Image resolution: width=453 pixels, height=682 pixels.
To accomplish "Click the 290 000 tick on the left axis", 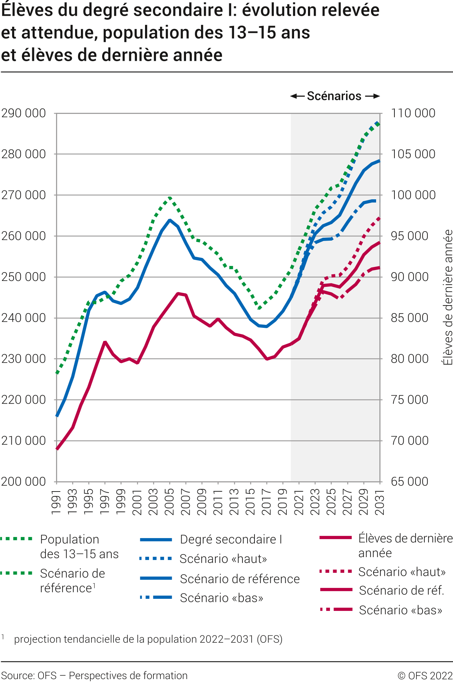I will tap(24, 113).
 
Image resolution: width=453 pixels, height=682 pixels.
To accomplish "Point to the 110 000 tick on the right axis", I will tap(413, 113).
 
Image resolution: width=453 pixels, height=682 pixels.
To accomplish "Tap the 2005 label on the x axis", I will tap(169, 501).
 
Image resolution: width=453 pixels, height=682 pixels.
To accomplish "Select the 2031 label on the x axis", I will tap(380, 501).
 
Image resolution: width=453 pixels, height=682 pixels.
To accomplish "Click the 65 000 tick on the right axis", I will tap(409, 481).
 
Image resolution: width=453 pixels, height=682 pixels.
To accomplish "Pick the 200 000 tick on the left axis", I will tap(24, 481).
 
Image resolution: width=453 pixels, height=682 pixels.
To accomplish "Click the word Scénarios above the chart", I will tap(334, 96).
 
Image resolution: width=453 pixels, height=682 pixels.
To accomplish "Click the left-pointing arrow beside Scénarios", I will tap(297, 96).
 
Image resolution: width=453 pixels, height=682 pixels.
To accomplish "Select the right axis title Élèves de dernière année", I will tap(448, 297).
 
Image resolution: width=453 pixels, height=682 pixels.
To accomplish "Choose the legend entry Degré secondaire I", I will tap(231, 540).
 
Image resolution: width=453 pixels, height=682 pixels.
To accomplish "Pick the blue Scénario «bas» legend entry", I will tap(221, 598).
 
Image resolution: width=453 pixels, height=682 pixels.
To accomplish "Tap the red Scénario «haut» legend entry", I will tap(402, 572).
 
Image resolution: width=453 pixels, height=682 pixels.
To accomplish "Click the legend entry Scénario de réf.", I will tap(401, 590).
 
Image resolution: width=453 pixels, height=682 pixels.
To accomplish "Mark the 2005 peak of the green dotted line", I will tap(170, 198).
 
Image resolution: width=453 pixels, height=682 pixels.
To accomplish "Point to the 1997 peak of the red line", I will tap(105, 342).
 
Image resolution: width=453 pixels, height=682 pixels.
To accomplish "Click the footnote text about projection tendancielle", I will tap(148, 639).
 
